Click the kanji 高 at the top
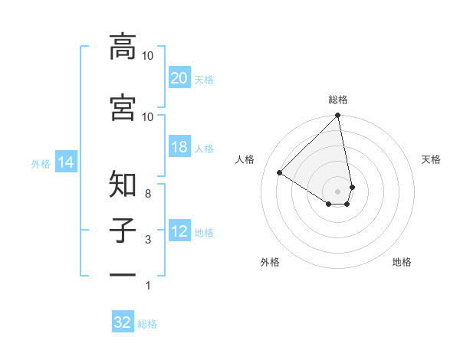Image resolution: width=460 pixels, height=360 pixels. coord(123,47)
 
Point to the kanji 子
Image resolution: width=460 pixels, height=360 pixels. coord(123,231)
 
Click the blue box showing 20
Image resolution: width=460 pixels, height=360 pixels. coord(179,77)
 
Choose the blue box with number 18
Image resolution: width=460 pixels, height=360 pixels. coord(179,147)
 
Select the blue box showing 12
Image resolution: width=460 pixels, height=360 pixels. coord(179,232)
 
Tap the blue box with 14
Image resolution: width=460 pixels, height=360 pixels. coord(66,162)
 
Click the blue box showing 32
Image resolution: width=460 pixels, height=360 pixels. coord(123,322)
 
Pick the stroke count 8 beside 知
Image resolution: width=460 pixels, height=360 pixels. coord(148,195)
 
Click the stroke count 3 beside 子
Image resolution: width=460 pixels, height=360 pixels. coord(148,241)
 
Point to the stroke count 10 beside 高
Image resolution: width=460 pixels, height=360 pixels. coord(148,56)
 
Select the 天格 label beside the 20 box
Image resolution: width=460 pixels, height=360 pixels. coord(204,79)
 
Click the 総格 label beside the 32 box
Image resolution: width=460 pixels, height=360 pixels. coord(147,324)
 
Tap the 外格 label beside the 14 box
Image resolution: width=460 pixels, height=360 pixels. coord(41,163)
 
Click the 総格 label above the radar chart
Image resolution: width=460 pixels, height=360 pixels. coord(338,100)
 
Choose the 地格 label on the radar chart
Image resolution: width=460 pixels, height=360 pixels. coord(402,262)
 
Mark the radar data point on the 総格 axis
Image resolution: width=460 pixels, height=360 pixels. coord(338,116)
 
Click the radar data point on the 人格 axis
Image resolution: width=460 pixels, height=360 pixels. coord(280,172)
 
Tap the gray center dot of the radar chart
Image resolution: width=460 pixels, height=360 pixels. coord(338,191)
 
